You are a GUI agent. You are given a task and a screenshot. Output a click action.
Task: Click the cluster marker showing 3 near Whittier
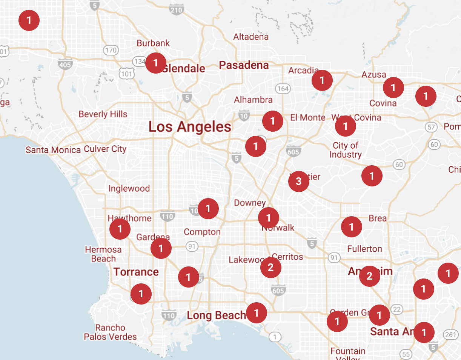coord(298,182)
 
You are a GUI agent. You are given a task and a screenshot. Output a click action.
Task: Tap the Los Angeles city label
coord(190,127)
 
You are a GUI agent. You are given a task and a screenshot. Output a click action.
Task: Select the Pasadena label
coord(244,65)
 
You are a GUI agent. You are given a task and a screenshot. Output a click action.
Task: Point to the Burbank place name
coord(153,43)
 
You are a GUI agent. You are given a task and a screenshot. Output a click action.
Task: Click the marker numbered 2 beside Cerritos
coord(270,268)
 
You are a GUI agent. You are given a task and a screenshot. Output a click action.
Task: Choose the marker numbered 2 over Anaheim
coord(369,276)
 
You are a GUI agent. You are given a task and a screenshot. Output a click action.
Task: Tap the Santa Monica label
coord(53,150)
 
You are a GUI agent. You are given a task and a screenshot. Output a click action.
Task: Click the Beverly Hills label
coord(103,114)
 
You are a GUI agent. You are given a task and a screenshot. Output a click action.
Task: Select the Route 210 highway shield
coord(176,10)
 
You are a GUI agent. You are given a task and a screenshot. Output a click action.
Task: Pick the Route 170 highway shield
coord(111,50)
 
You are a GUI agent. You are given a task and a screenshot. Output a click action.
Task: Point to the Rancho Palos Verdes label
coord(110,332)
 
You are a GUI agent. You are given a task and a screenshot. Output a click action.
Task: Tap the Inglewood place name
coord(129,189)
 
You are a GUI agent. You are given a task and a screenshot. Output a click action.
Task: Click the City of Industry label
coord(346,150)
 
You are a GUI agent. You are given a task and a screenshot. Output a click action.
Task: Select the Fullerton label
coord(365,249)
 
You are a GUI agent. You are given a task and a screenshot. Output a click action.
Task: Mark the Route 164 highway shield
coord(283,89)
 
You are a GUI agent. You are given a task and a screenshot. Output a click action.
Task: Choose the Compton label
coord(202,232)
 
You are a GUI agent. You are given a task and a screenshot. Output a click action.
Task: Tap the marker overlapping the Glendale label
coord(155,63)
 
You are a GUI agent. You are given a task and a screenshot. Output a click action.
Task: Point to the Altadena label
coord(251,37)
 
